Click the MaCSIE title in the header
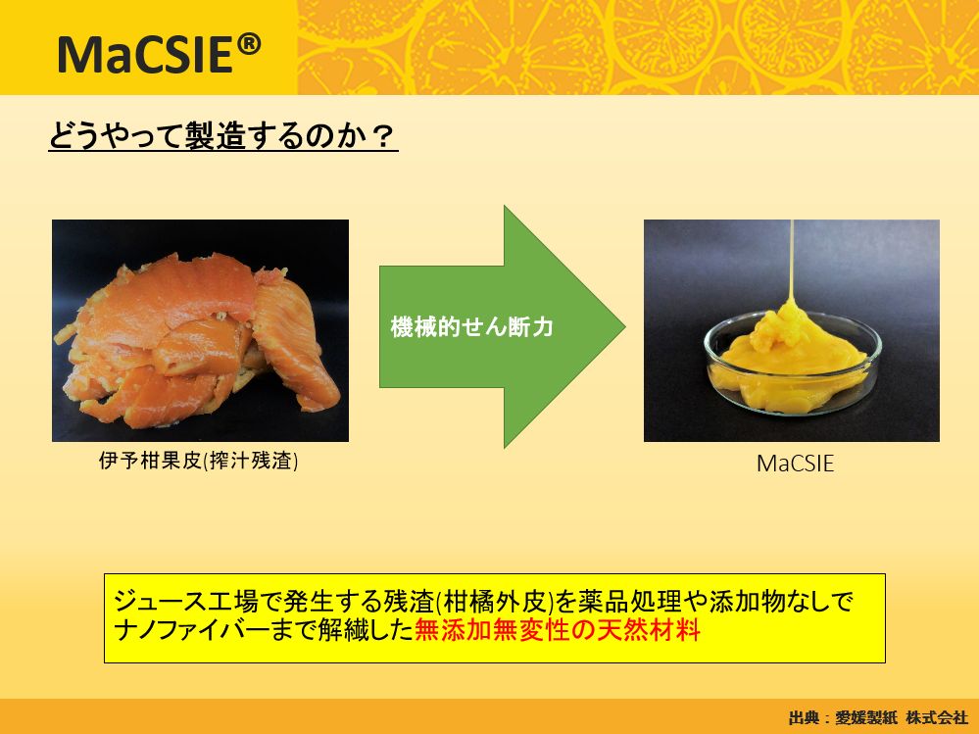coord(159,54)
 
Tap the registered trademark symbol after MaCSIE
coord(249,45)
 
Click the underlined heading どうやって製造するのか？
coord(222,136)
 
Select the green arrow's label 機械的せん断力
coord(471,327)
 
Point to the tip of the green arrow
coord(625,326)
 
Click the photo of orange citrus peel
coord(200,330)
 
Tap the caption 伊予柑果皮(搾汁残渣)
coord(199,462)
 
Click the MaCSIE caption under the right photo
coord(795,464)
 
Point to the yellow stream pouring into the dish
coord(791,263)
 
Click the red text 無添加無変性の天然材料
coord(558,630)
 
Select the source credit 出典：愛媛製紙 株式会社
coord(878,717)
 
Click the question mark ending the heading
coord(383,136)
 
